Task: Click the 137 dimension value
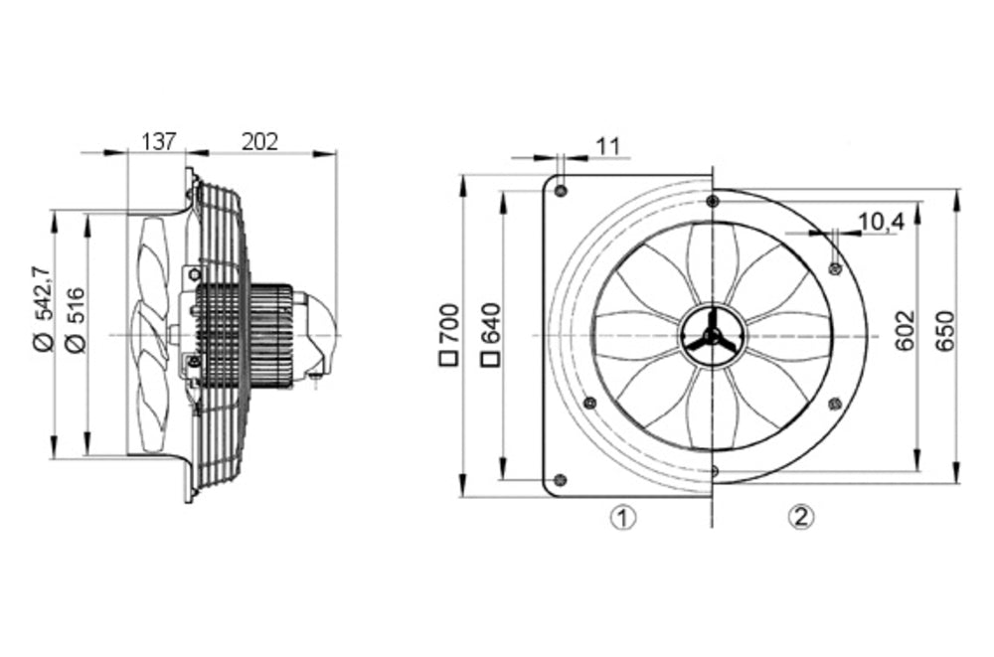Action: (x=158, y=142)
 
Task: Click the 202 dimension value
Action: (x=260, y=142)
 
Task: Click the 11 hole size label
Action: (x=607, y=146)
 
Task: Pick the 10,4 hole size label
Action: (x=880, y=223)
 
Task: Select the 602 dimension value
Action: (x=904, y=329)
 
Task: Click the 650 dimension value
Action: (x=944, y=329)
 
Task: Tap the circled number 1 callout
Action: (x=622, y=517)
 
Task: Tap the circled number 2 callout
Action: (x=801, y=517)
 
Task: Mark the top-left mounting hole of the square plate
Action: (x=562, y=189)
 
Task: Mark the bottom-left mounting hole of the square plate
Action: (x=561, y=480)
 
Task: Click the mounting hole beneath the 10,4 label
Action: (x=835, y=266)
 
